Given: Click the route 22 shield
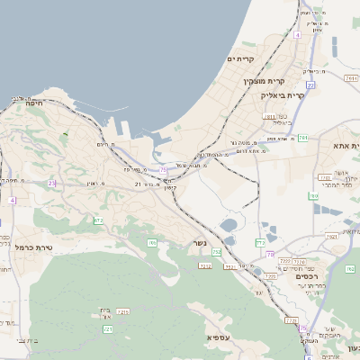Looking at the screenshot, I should [x=310, y=85].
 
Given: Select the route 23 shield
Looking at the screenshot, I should [x=52, y=183].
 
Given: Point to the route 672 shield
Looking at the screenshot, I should [x=98, y=220].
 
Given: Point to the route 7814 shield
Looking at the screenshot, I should [x=330, y=237].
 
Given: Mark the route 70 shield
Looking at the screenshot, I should [x=269, y=255].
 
